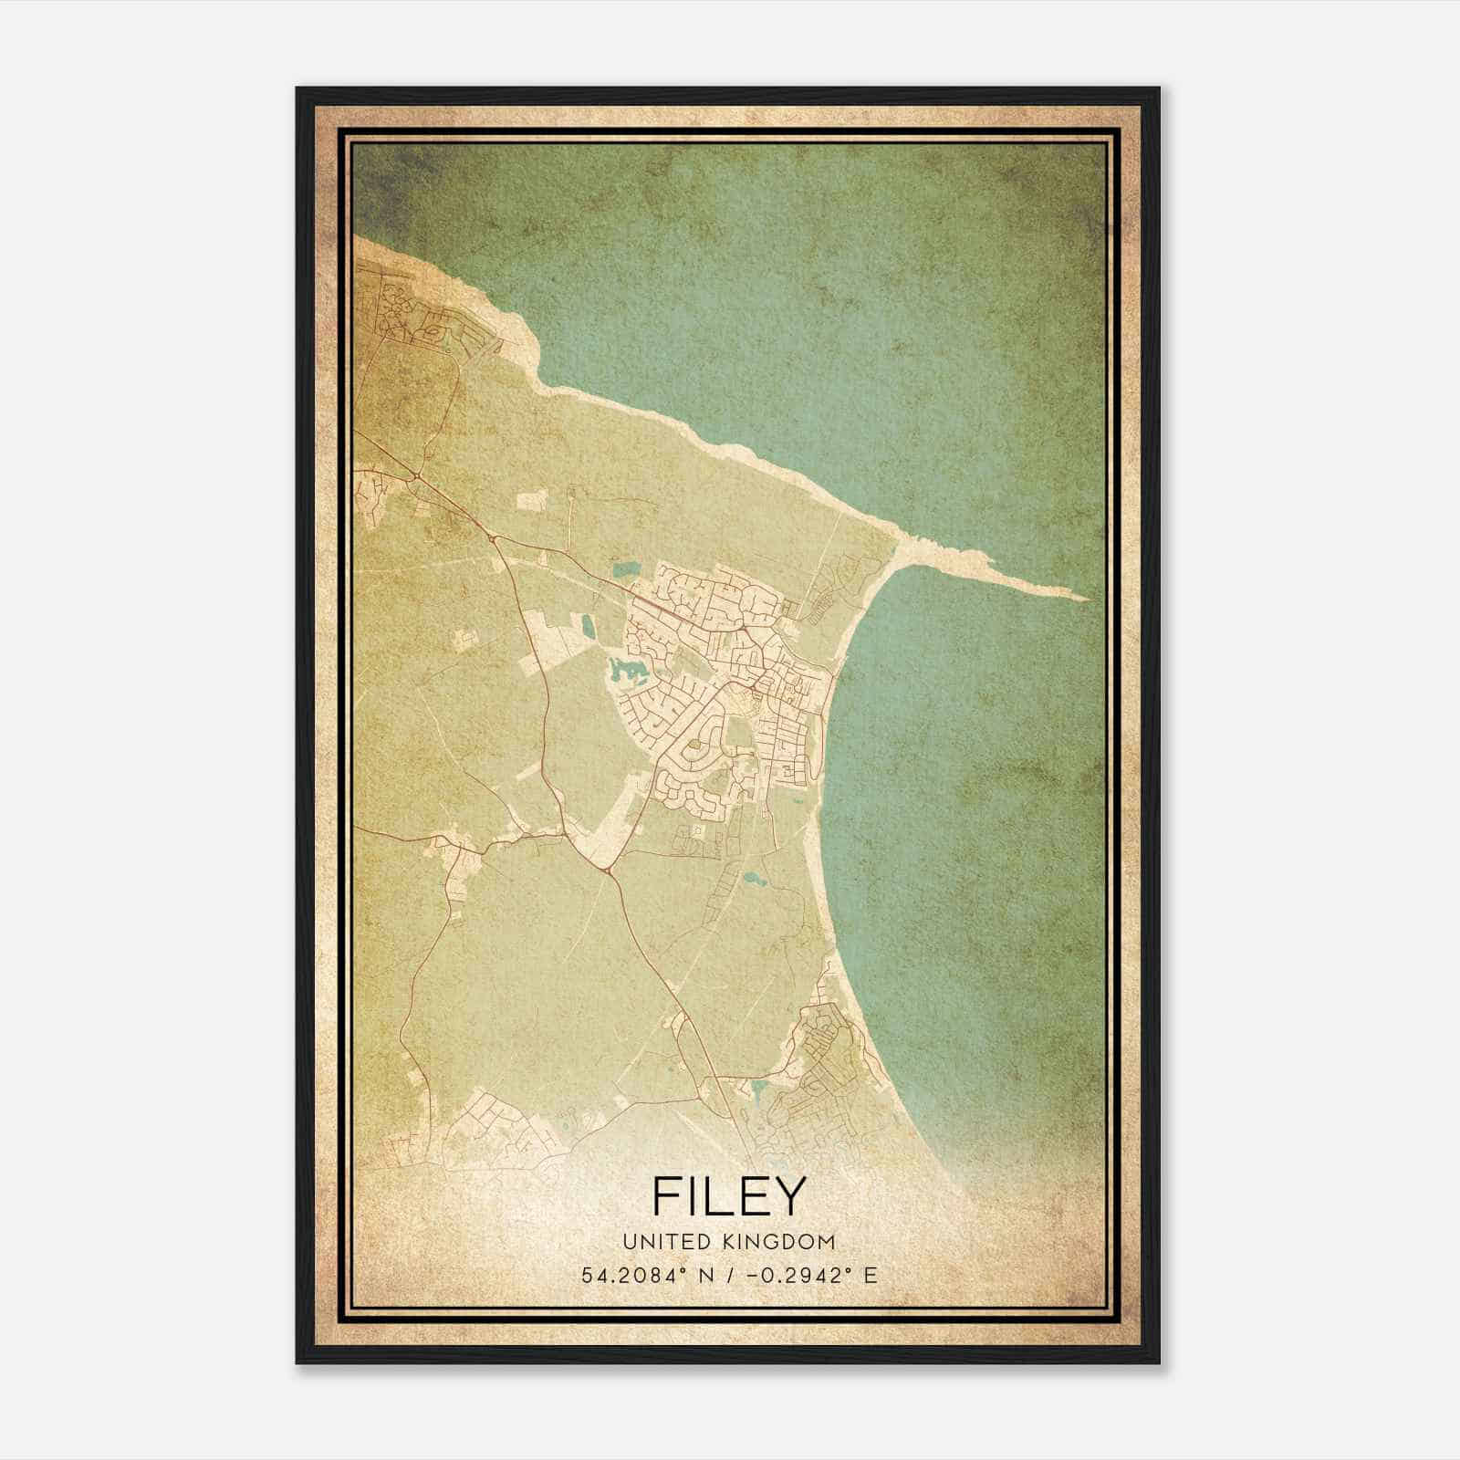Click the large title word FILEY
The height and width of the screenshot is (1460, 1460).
(x=730, y=1196)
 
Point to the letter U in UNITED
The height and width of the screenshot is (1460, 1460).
(x=629, y=1241)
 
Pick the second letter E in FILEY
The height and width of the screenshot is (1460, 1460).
(x=753, y=1196)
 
